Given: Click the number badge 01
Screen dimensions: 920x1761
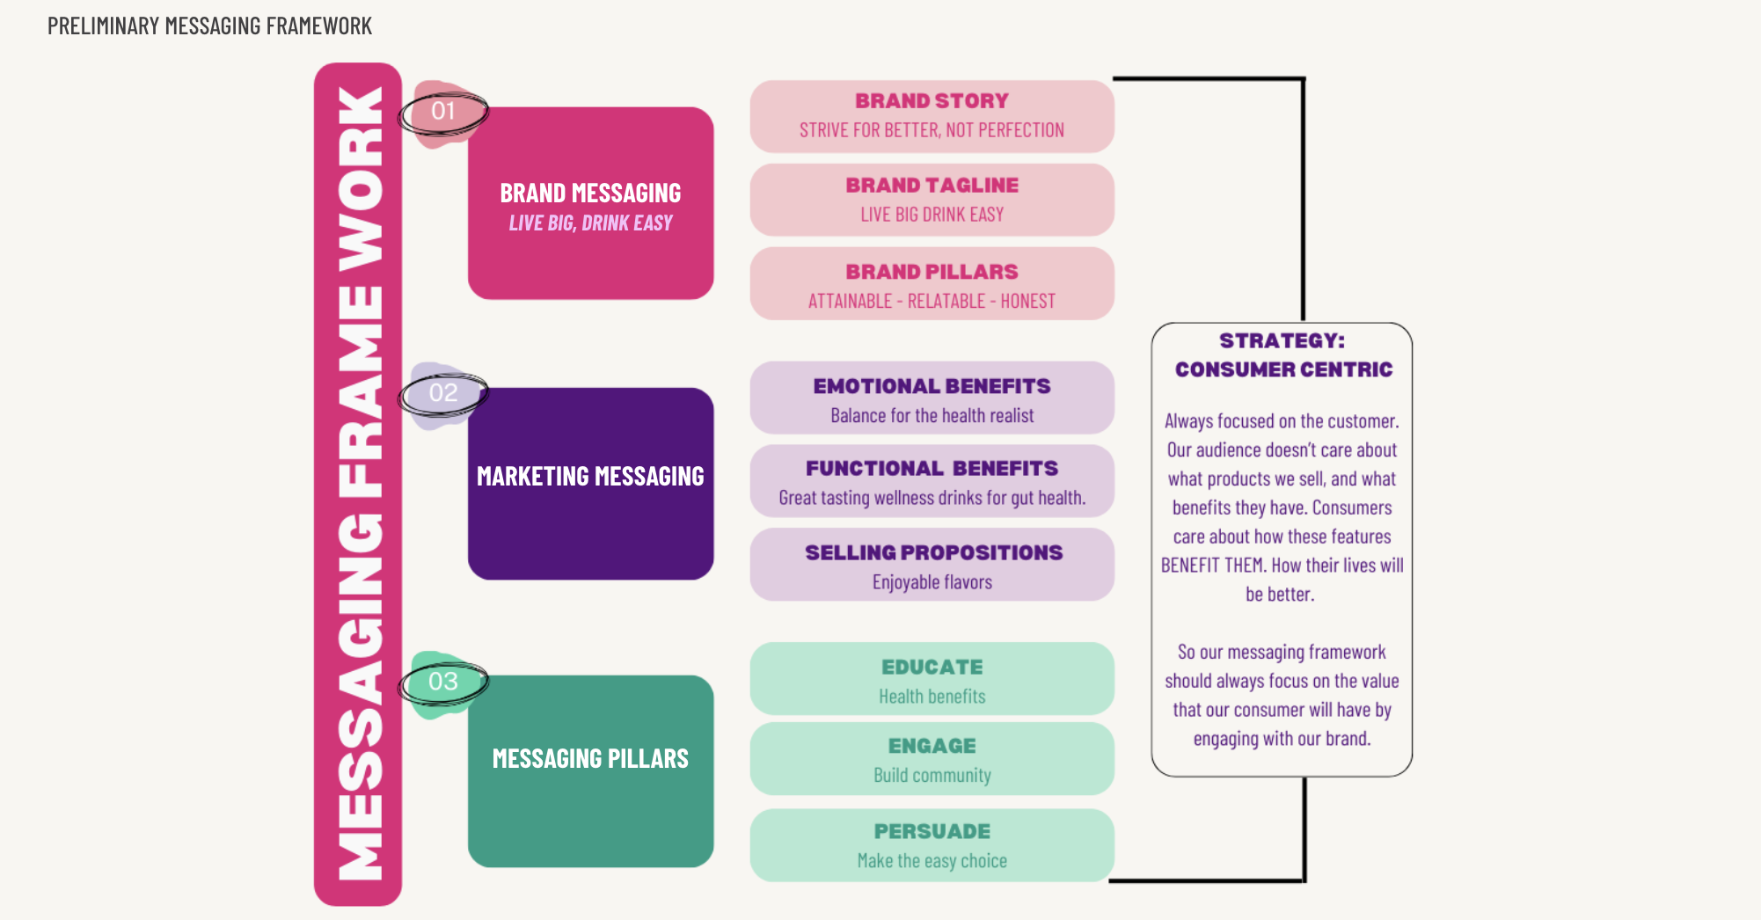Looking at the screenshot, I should [443, 112].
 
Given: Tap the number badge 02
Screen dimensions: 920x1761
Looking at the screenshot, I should [443, 393].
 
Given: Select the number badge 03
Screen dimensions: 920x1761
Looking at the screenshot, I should [443, 682].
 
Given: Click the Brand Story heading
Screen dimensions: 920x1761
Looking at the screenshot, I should [932, 101].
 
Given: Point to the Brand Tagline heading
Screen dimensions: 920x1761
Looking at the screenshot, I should [932, 186].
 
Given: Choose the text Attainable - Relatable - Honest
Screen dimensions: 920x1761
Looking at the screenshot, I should [932, 302].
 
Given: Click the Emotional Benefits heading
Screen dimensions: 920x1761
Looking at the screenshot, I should [932, 386].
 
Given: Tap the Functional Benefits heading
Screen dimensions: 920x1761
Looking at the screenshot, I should [932, 469].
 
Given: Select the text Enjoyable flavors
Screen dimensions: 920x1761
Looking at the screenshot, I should [932, 582].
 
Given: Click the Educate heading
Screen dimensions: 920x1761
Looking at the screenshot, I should [932, 668].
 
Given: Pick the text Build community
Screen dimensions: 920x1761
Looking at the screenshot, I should [932, 776].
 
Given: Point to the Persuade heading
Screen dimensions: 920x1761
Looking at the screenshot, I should [932, 831].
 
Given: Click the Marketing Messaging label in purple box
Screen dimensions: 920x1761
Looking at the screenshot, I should [590, 477].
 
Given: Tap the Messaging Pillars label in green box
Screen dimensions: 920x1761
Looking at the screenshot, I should [590, 759].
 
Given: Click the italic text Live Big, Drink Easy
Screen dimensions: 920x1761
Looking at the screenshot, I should [590, 223].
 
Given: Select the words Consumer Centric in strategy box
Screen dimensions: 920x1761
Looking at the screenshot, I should [1283, 369].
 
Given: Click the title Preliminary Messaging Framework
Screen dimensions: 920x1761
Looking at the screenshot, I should [209, 26].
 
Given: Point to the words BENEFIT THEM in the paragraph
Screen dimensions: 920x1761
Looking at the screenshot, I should [1214, 566].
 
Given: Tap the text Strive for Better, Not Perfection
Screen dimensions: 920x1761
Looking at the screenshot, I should [932, 131].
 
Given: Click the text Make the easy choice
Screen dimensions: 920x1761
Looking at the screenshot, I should [932, 861].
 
